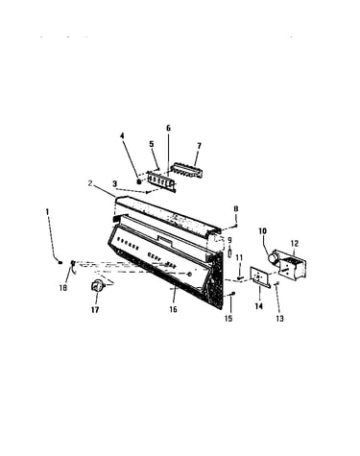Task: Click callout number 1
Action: coord(47,212)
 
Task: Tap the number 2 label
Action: coord(90,183)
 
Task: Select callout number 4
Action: coord(122,135)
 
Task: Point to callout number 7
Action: coord(199,146)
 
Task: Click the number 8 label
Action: coord(236,208)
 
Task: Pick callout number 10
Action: coord(262,230)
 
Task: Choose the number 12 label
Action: coord(295,243)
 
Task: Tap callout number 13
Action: coord(279,319)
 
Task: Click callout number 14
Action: coord(259,306)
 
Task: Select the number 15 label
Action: coord(228,319)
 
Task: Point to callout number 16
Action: coord(173,309)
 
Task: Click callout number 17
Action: coord(95,309)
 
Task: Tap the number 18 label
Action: coord(63,288)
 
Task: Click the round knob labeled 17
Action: coord(97,285)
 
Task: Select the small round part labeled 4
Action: coord(139,181)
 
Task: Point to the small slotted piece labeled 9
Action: coord(229,253)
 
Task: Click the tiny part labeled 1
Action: coord(60,263)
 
